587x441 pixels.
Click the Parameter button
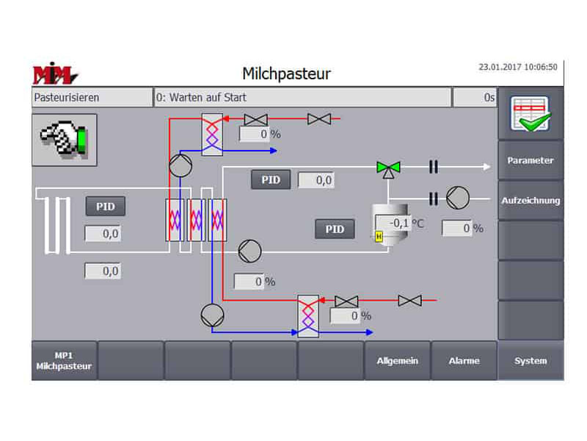[x=531, y=160]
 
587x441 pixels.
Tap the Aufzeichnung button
[x=531, y=200]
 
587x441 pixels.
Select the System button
[x=531, y=361]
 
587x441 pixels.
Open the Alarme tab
[x=464, y=361]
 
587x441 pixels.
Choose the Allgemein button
[x=397, y=361]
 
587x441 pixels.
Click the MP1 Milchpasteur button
[x=65, y=361]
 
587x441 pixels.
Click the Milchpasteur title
[x=286, y=73]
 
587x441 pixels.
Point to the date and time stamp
[x=517, y=67]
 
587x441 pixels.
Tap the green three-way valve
[x=384, y=168]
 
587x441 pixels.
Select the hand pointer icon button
[x=64, y=140]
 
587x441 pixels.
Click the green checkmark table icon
[x=531, y=114]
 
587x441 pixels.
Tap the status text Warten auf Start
[x=302, y=97]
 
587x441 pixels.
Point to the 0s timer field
[x=475, y=97]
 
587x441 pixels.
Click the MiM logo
[x=55, y=74]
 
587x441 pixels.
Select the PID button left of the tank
[x=335, y=229]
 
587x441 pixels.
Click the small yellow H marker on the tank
[x=379, y=236]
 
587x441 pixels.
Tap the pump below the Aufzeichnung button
[x=458, y=197]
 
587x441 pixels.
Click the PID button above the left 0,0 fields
[x=106, y=207]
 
